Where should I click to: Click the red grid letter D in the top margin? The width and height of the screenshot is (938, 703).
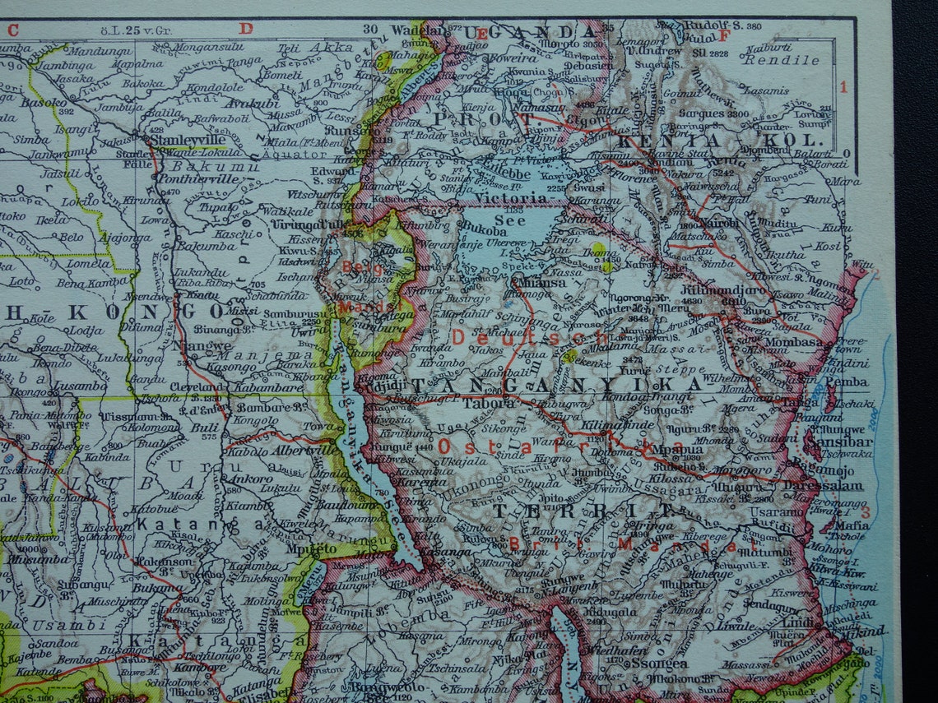point(245,28)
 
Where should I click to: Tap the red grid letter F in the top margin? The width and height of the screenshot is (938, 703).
point(724,35)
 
